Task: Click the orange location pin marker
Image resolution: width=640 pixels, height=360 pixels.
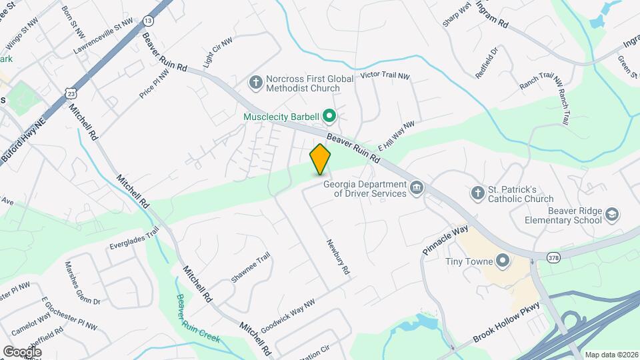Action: click(x=320, y=159)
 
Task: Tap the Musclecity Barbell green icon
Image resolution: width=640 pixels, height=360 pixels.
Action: click(x=329, y=117)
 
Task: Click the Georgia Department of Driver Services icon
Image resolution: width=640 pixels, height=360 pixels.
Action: click(x=417, y=187)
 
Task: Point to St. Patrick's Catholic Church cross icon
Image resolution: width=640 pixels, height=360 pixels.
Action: click(x=477, y=193)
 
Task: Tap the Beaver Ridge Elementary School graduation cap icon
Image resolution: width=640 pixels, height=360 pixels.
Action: click(x=612, y=215)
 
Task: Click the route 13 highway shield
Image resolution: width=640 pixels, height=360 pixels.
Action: click(x=148, y=20)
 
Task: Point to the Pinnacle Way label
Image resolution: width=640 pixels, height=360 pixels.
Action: click(x=445, y=241)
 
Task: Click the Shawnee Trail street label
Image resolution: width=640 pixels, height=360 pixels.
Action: click(x=250, y=267)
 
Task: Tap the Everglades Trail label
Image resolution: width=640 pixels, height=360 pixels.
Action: click(x=135, y=238)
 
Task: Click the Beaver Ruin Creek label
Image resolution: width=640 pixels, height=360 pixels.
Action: click(x=197, y=320)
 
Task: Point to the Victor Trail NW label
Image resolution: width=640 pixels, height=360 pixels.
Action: click(x=385, y=75)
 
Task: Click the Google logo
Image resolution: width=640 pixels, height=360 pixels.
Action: click(x=22, y=351)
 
